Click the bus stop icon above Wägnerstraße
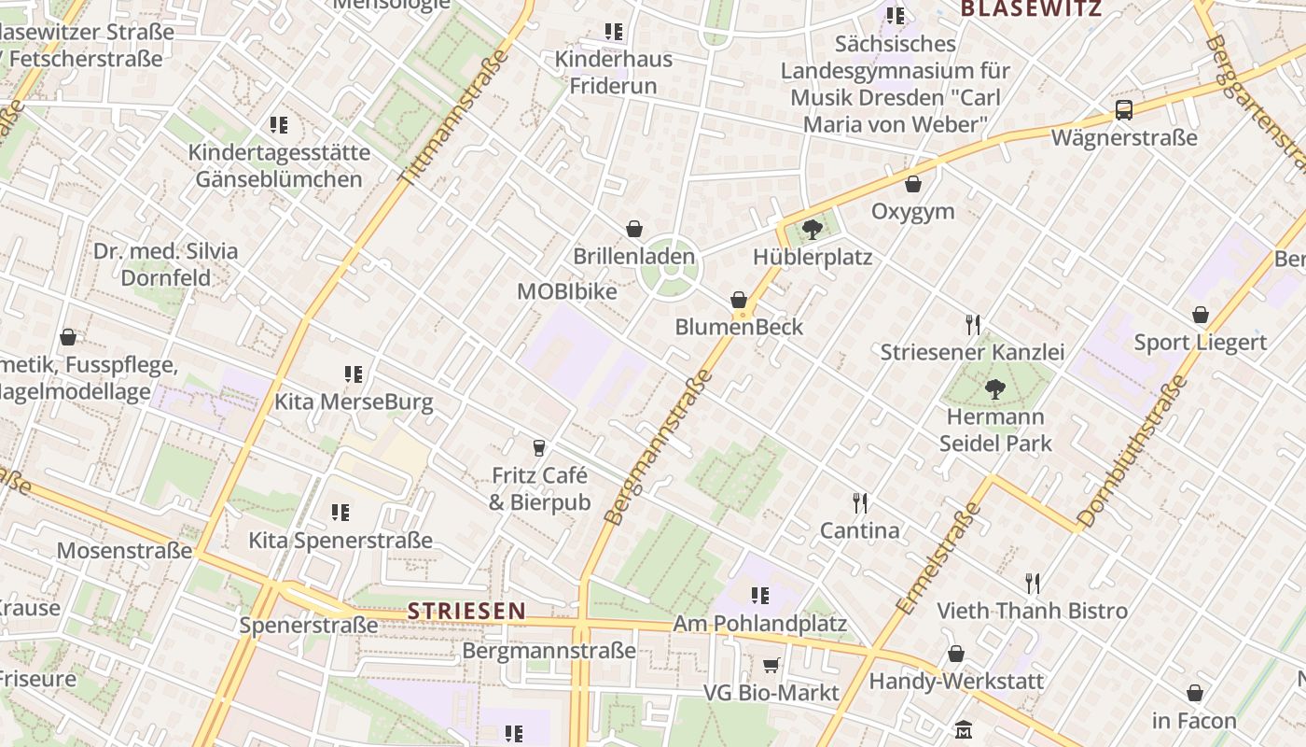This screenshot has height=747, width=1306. tap(1124, 110)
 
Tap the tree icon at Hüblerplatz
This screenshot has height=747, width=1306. tap(812, 229)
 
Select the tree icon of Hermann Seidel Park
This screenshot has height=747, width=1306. tap(995, 388)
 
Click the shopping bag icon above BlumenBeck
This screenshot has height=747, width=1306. tap(739, 300)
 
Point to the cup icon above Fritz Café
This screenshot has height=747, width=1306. tap(539, 448)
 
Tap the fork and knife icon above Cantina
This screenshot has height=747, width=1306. tap(860, 503)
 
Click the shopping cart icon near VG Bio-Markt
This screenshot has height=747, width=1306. tap(771, 665)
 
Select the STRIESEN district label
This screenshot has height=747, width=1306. tap(466, 611)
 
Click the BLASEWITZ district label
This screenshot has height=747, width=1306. tap(1031, 9)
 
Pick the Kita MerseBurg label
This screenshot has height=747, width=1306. tap(354, 402)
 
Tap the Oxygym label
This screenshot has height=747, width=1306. tap(913, 211)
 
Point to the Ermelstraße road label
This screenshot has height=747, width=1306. tap(938, 558)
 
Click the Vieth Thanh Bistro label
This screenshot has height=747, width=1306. tap(1033, 611)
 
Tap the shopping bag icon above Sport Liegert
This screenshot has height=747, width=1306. tap(1201, 316)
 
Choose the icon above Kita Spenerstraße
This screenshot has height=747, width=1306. tap(340, 513)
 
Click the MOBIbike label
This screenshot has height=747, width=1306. tap(567, 291)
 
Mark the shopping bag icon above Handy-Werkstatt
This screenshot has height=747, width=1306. tap(956, 654)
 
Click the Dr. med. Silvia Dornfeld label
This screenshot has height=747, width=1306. tap(166, 264)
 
